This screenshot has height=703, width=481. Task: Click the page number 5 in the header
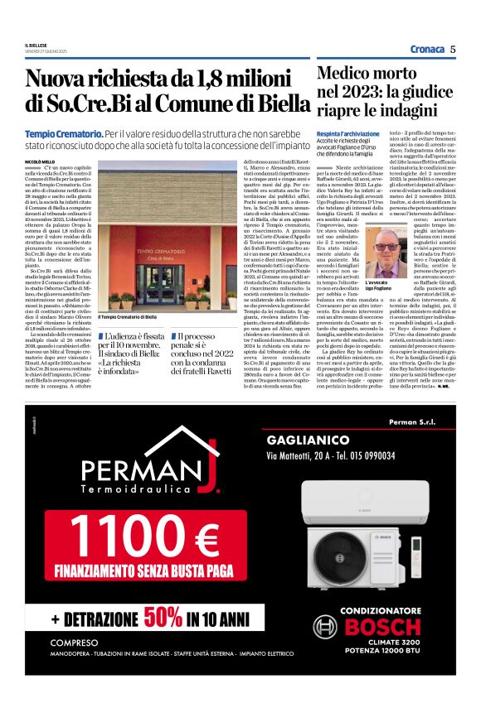click(x=454, y=49)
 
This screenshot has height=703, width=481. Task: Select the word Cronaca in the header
click(x=426, y=49)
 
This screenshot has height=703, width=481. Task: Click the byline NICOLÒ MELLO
click(x=40, y=161)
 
